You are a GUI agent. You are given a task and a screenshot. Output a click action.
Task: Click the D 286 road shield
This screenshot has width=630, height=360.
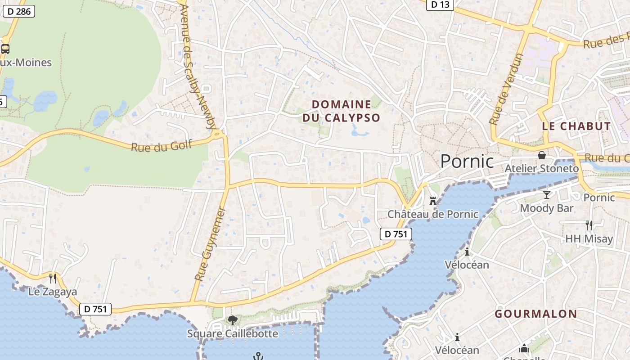(19, 11)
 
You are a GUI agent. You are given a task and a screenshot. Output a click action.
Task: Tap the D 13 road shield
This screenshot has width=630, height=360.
(440, 4)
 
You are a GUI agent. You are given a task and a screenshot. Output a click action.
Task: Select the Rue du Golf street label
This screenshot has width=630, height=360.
(162, 146)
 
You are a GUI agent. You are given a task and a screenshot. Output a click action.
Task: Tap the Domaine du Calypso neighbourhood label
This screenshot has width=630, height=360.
(342, 111)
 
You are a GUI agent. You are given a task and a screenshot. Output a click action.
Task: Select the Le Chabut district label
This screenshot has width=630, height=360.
(576, 126)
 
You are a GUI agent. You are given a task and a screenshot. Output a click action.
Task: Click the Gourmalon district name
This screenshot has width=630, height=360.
(535, 314)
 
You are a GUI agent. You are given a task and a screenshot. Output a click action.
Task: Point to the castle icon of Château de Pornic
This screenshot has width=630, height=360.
(433, 201)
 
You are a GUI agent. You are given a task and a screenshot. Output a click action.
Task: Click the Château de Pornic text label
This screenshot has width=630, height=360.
(433, 214)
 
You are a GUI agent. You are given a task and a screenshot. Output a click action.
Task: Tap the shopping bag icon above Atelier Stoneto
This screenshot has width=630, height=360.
(542, 155)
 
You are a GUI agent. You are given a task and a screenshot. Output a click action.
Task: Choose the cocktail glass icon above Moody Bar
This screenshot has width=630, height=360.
(547, 194)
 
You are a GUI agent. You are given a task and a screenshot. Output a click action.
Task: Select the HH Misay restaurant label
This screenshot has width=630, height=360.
(589, 239)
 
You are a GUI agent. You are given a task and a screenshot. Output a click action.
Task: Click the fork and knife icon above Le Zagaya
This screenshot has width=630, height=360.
(53, 279)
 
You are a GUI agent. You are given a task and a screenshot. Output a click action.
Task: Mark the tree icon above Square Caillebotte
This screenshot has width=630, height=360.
(232, 320)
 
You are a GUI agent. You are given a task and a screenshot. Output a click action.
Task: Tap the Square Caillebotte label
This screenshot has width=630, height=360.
(232, 334)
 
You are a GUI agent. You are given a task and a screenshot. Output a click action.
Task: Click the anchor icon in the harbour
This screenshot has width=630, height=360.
(258, 356)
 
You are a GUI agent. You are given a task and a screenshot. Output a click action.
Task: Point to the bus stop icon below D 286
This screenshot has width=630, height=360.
(5, 49)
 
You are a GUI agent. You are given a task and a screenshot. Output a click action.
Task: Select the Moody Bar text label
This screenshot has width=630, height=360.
(547, 208)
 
